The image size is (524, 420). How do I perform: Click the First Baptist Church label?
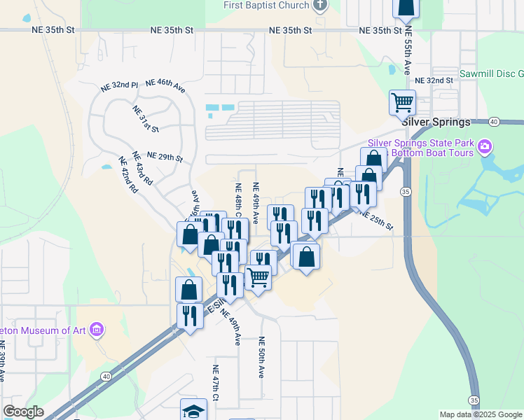tap(266, 6)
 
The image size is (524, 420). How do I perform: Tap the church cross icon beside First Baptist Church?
tap(320, 5)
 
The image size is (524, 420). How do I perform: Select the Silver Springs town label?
tap(437, 122)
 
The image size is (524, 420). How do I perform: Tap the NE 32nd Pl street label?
tap(119, 85)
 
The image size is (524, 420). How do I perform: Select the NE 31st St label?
tap(145, 119)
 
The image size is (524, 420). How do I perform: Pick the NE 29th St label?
tap(165, 156)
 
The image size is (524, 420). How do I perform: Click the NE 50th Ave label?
tap(261, 357)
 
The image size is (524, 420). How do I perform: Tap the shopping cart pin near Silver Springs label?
tap(402, 103)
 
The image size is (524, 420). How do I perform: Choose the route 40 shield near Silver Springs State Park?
tap(494, 122)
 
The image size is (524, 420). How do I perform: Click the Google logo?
tap(23, 412)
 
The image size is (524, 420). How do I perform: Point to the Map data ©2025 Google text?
tap(480, 414)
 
